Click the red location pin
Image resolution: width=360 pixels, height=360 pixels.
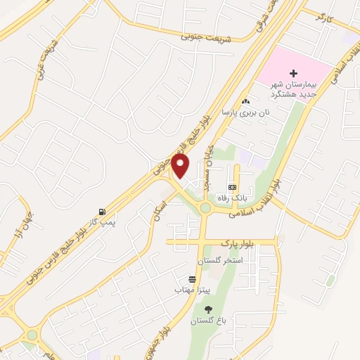click(181, 166)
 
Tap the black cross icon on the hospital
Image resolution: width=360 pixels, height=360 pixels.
click(294, 73)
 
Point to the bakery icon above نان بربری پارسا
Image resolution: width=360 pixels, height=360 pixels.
click(245, 101)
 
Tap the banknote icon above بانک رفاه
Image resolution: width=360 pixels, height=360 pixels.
click(232, 188)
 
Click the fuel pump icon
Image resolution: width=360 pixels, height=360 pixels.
click(103, 212)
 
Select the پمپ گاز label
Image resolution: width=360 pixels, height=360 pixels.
click(101, 222)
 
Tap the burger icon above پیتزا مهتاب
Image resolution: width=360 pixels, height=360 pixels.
click(192, 279)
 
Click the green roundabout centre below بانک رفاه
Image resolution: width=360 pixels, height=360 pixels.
click(205, 208)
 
